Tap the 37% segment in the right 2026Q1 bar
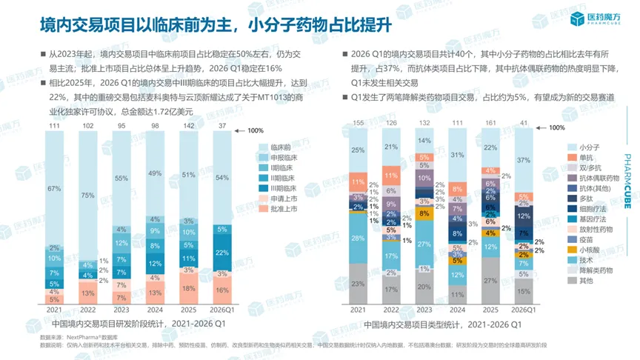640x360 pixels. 523,160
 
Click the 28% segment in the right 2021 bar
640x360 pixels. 358,238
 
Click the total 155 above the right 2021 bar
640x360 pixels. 358,123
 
